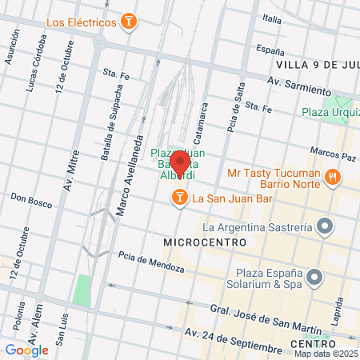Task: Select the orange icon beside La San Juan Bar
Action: click(180, 197)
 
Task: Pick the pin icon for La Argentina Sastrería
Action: click(324, 227)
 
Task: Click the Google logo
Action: click(26, 349)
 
